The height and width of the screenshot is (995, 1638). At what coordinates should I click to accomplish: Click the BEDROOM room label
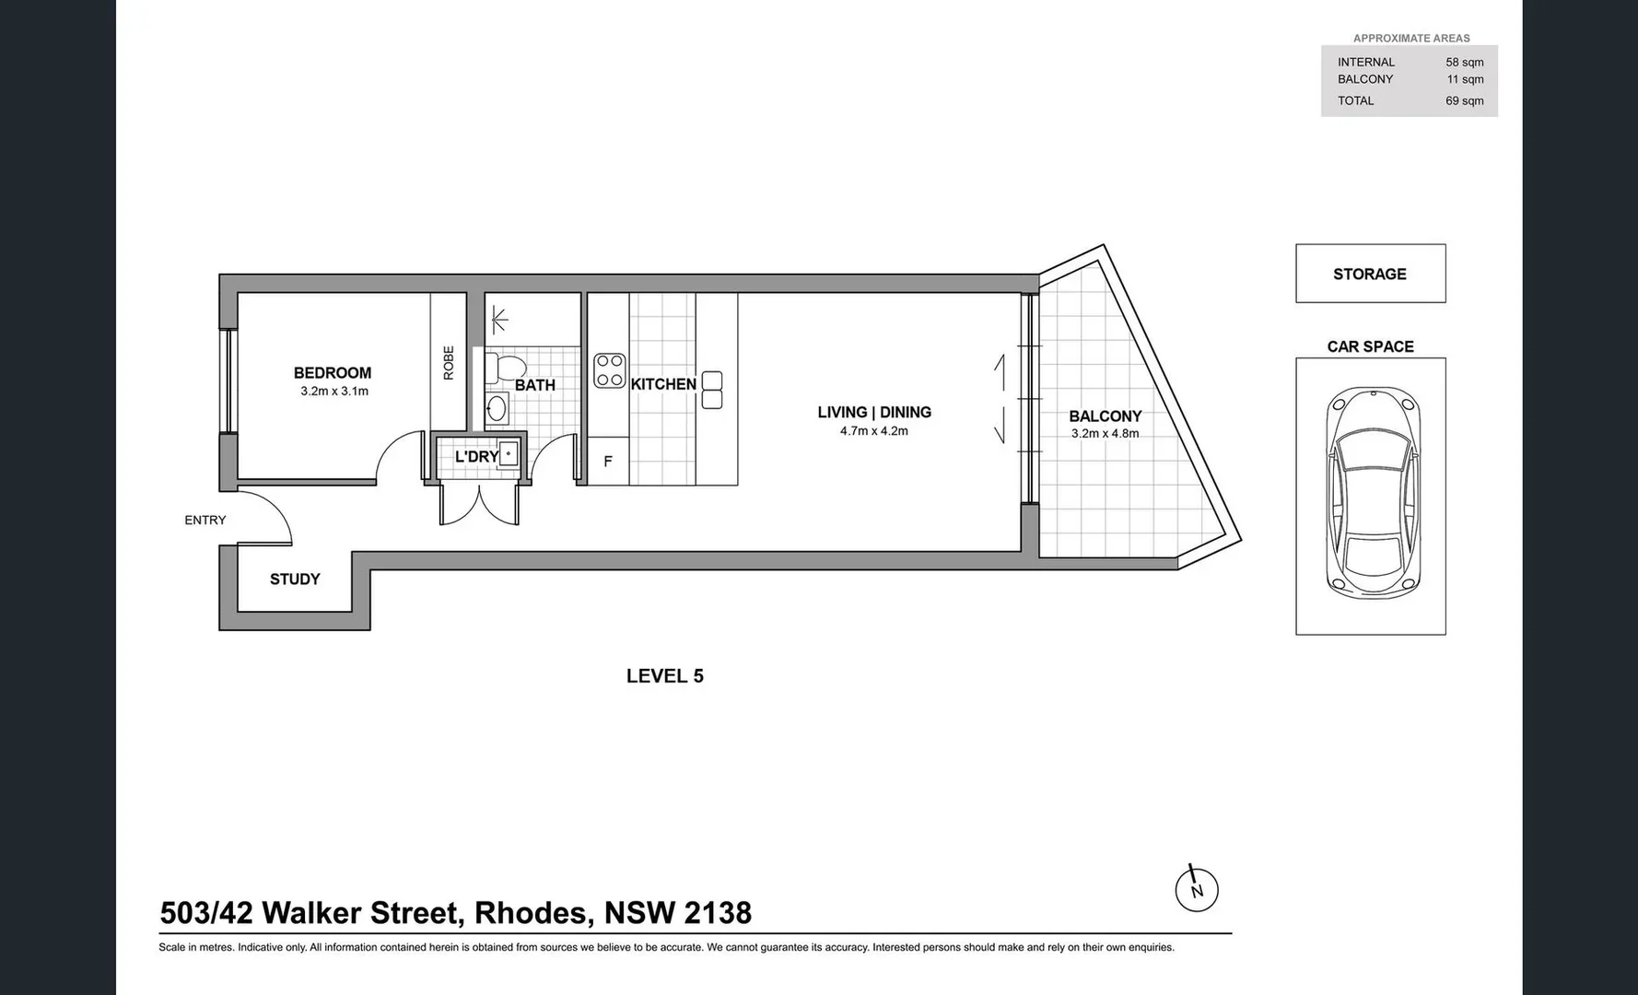333,373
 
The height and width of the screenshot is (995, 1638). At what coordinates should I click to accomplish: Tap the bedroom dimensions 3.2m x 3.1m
334,392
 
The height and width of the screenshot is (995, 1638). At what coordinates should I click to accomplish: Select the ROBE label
449,362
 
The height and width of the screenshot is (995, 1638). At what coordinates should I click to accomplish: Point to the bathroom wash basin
497,408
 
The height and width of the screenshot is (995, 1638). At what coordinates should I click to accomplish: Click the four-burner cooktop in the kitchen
610,370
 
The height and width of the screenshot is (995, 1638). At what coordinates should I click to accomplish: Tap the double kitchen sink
712,390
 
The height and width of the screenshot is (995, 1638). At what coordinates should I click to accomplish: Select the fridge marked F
608,462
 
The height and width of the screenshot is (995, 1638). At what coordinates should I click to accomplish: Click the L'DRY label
476,457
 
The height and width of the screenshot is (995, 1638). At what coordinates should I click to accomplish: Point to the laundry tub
509,454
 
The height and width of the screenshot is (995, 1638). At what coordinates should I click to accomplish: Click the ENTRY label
205,521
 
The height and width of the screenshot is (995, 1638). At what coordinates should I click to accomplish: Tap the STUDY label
295,579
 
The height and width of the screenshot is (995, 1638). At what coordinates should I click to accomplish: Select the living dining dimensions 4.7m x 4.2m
874,431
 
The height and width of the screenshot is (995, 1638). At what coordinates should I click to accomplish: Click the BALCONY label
1106,416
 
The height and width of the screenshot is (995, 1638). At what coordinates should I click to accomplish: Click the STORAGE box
1370,274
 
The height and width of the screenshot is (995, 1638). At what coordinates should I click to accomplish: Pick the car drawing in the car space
1372,493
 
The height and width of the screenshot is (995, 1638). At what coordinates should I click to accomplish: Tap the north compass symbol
1197,890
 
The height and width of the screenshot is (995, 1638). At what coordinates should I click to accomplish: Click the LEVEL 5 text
665,676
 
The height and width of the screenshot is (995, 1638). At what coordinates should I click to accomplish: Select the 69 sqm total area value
1464,101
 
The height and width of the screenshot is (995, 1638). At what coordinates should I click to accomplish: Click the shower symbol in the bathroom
499,320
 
